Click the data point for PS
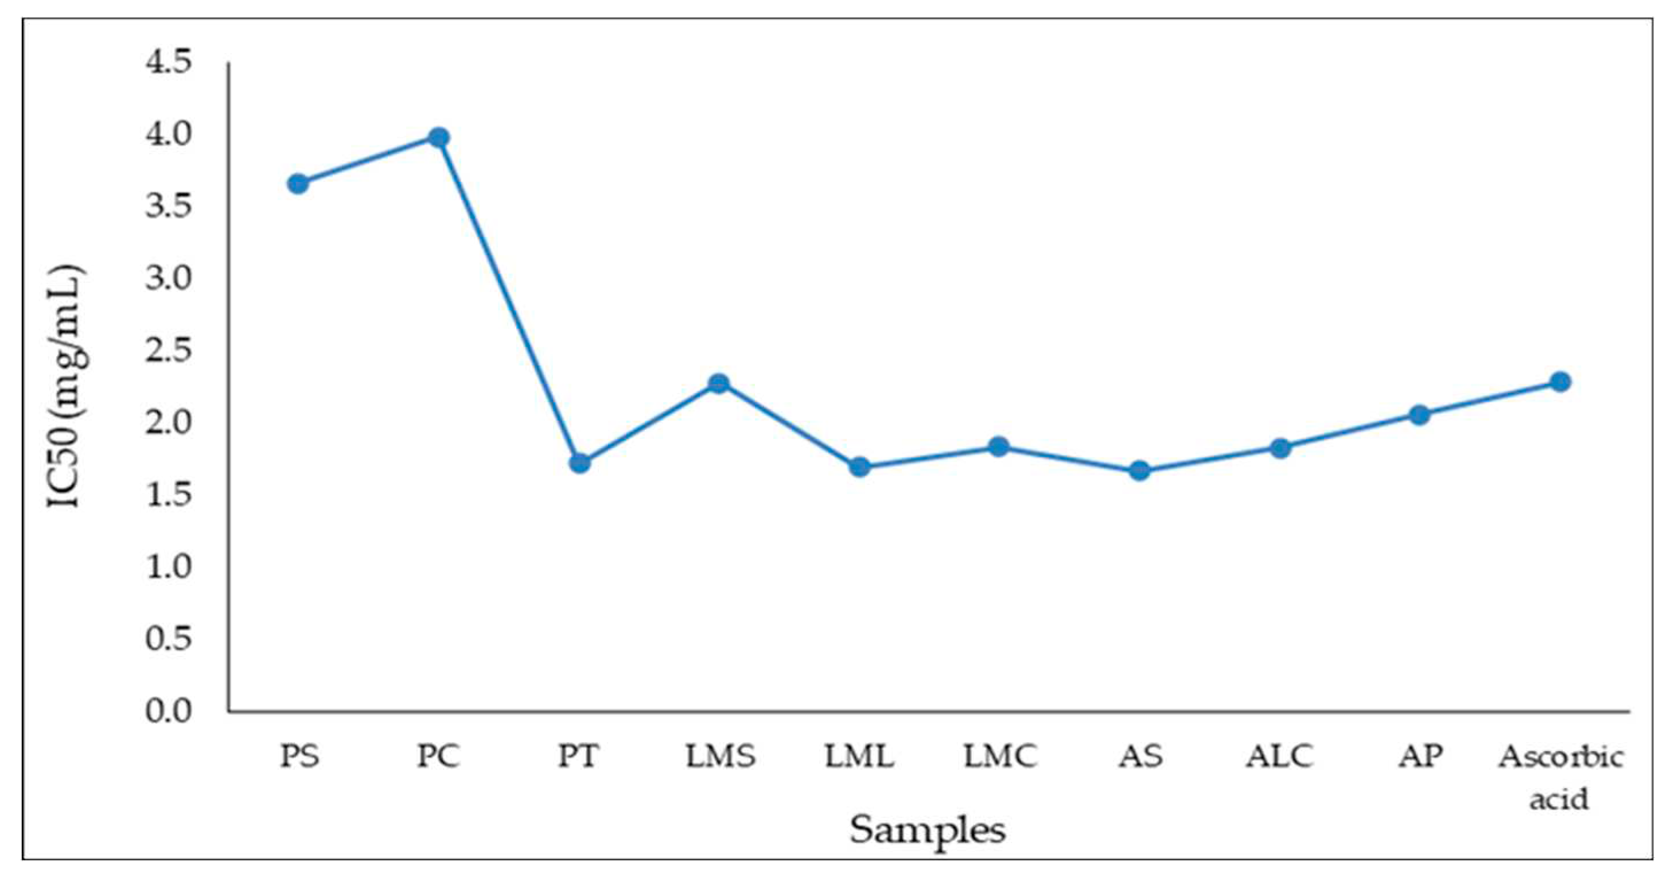(x=298, y=184)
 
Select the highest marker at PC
(x=439, y=137)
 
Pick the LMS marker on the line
(x=718, y=383)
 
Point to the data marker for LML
(x=859, y=467)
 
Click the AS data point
(x=1140, y=471)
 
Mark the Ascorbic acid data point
(x=1561, y=381)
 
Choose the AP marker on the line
(x=1420, y=414)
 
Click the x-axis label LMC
(x=1000, y=756)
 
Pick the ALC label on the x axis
(x=1280, y=756)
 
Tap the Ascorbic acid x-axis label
(x=1561, y=777)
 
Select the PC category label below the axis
(x=439, y=756)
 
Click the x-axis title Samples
(x=928, y=830)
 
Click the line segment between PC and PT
(x=509, y=300)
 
